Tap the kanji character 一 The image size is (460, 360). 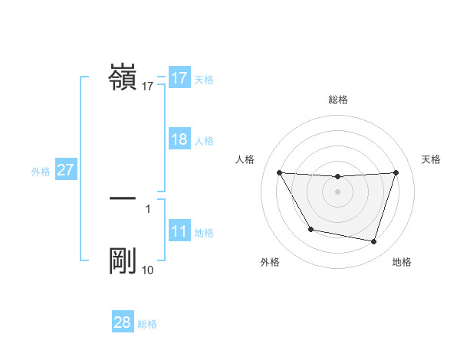123,198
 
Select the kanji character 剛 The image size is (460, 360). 123,261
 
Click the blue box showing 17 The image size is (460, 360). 179,78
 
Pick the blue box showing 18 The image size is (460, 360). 179,139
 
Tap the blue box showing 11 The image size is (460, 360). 179,231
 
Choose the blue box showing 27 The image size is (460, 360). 65,170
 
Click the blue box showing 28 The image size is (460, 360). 122,322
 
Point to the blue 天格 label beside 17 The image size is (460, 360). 204,80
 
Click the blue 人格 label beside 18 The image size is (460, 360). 204,141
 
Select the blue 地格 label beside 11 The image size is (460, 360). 204,233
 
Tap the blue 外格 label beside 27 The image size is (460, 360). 41,172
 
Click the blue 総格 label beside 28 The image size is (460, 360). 147,324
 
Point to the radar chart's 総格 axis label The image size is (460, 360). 338,100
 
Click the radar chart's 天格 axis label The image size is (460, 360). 432,159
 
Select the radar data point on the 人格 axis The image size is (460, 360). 279,172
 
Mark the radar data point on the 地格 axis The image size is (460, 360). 374,242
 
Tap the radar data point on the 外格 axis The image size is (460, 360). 310,229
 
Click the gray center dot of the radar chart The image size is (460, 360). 338,191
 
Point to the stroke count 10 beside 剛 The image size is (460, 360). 148,270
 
